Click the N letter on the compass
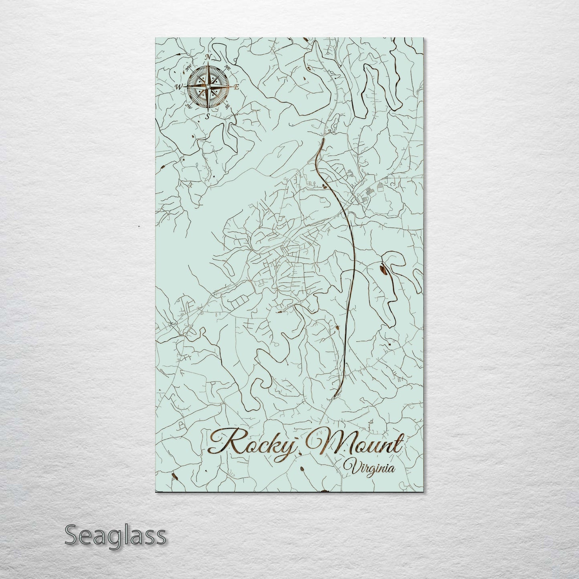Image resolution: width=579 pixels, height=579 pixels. pyautogui.click(x=208, y=57)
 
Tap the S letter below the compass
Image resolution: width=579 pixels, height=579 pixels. pyautogui.click(x=208, y=117)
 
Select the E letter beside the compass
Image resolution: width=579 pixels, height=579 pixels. pyautogui.click(x=236, y=87)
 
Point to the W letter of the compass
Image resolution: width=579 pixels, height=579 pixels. pyautogui.click(x=178, y=87)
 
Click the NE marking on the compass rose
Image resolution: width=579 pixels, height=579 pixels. pyautogui.click(x=228, y=67)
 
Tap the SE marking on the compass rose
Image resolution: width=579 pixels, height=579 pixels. pyautogui.click(x=228, y=106)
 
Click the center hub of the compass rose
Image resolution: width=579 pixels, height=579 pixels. pyautogui.click(x=208, y=87)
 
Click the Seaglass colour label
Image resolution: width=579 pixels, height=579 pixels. pyautogui.click(x=115, y=535)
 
